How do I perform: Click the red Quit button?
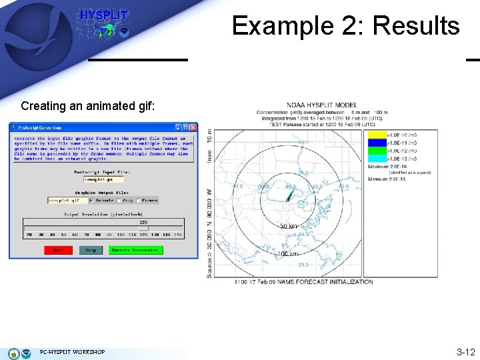pyautogui.click(x=58, y=250)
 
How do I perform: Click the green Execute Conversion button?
pyautogui.click(x=135, y=250)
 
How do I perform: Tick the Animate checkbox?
pyautogui.click(x=91, y=199)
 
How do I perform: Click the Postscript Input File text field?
pyautogui.click(x=103, y=179)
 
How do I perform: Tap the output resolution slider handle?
pyautogui.click(x=143, y=228)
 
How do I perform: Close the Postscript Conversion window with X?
pyautogui.click(x=193, y=127)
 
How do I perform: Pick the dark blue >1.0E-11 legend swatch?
pyautogui.click(x=375, y=143)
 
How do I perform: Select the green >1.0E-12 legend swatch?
pyautogui.click(x=375, y=151)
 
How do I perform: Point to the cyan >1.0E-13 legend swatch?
pyautogui.click(x=375, y=159)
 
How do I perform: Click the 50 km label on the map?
pyautogui.click(x=289, y=226)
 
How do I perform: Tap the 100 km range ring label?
pyautogui.click(x=289, y=254)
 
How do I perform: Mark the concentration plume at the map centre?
pyautogui.click(x=290, y=195)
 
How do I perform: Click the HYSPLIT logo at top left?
pyautogui.click(x=104, y=23)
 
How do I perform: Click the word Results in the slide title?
pyautogui.click(x=416, y=26)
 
